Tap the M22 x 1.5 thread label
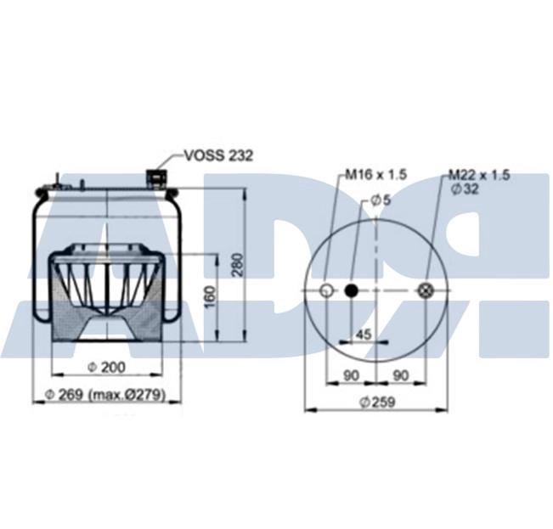point(479,175)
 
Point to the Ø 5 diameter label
point(381,200)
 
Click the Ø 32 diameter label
point(466,189)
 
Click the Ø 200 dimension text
point(107,367)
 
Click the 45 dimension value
point(364,335)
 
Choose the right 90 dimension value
point(402,375)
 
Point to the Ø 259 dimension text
point(375,402)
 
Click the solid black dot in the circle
point(351,291)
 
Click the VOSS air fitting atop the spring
point(157,177)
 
